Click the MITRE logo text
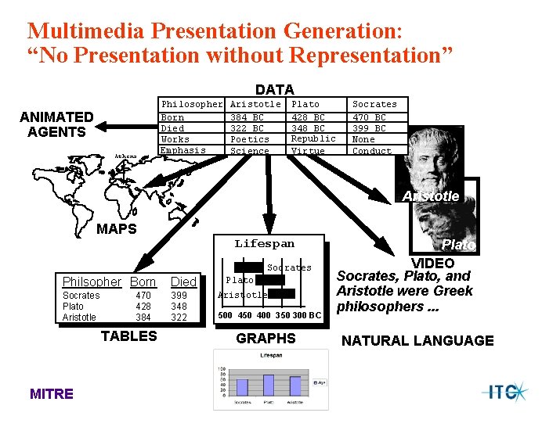tap(51, 394)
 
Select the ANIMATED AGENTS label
tap(56, 124)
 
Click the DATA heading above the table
tap(274, 90)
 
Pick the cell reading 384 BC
tap(247, 117)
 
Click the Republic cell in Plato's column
tap(313, 138)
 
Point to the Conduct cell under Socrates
tap(371, 151)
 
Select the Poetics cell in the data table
tap(249, 139)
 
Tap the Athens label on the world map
tap(125, 156)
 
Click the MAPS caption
tap(116, 229)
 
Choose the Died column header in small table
tap(183, 282)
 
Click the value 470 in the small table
tap(143, 296)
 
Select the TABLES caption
tap(129, 336)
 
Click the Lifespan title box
tap(265, 244)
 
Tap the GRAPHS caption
tap(266, 339)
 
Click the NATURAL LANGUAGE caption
tap(417, 340)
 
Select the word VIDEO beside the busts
tap(433, 263)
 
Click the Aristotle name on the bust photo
tap(431, 196)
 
